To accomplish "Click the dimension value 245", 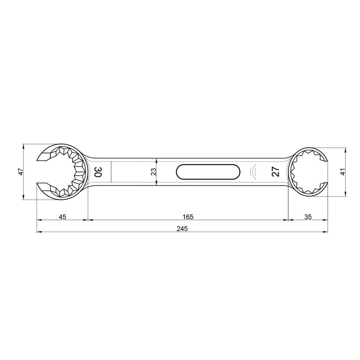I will [x=182, y=229].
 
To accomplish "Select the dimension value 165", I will [x=188, y=216].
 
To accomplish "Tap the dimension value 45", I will [x=62, y=216].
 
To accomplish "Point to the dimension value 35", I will [x=308, y=216].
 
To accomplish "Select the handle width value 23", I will [x=153, y=171].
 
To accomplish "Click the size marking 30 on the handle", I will [x=98, y=171].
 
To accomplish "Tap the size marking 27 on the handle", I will [x=275, y=171].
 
